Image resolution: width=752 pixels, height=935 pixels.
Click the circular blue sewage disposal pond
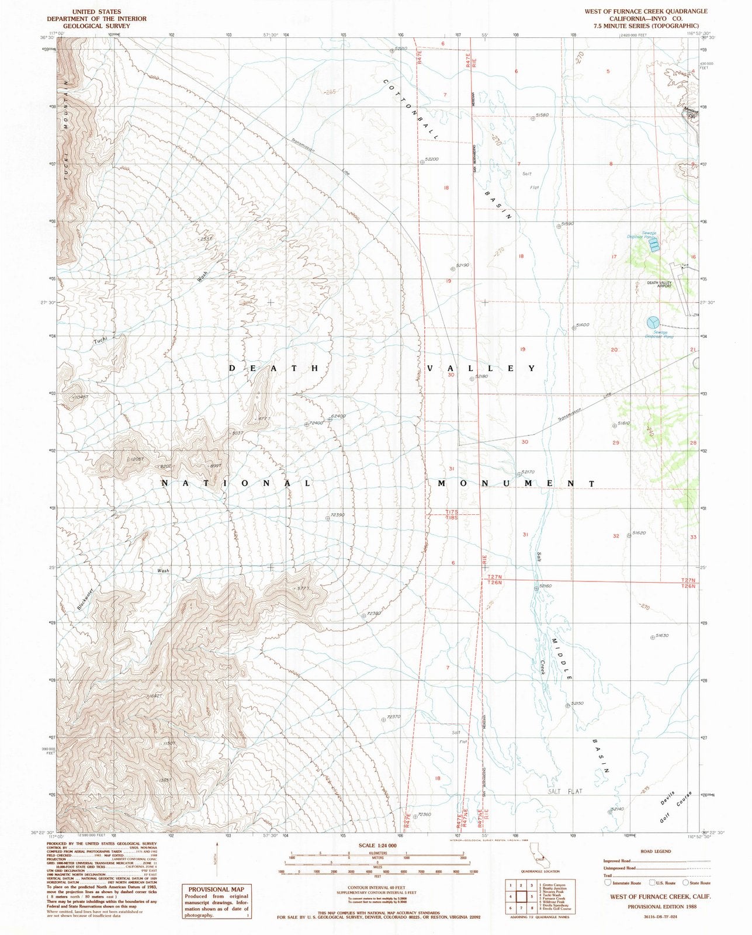(x=653, y=322)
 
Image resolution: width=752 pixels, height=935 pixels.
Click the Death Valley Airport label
(x=659, y=283)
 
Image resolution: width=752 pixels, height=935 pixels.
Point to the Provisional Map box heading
(x=214, y=889)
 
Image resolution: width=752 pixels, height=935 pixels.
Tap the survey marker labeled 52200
(x=421, y=161)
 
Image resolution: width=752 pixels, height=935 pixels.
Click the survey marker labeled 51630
(x=652, y=638)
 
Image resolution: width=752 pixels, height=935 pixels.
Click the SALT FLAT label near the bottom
(x=566, y=791)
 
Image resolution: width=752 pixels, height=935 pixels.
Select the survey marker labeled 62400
(x=330, y=419)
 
